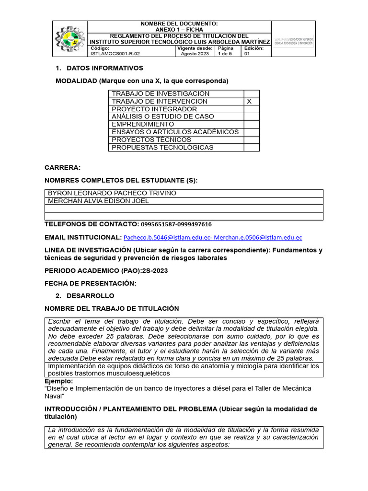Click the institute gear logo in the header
(x=69, y=39)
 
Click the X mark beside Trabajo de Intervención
(x=249, y=102)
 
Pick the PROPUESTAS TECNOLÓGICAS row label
(x=162, y=147)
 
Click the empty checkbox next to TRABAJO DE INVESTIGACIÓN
(x=251, y=94)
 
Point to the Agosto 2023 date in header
(x=195, y=54)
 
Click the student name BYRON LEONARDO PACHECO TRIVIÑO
(x=112, y=193)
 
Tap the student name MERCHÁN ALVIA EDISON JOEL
(x=98, y=201)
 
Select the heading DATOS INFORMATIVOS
(x=104, y=68)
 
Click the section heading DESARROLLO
(x=90, y=296)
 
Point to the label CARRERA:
(x=63, y=167)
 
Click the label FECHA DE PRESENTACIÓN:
(x=91, y=283)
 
